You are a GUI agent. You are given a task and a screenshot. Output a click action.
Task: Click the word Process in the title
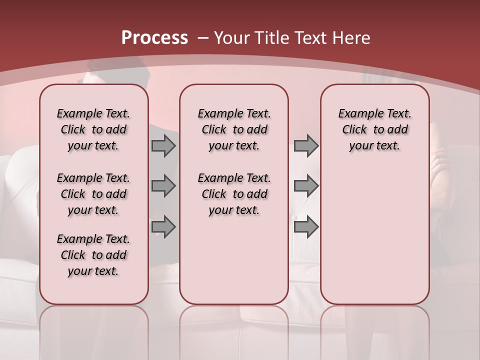(154, 38)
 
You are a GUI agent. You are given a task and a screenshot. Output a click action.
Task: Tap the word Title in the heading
(272, 38)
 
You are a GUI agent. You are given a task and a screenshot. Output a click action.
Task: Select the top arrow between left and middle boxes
(163, 146)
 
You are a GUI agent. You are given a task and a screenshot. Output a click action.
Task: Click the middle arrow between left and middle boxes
(163, 186)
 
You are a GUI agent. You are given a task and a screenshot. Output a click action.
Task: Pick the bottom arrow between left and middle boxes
(163, 226)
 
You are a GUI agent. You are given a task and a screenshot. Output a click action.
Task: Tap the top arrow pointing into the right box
(306, 146)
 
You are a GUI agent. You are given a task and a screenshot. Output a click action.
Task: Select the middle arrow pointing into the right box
(306, 186)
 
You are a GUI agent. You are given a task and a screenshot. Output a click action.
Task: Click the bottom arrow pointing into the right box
(306, 226)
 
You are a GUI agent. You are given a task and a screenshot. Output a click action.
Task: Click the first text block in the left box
(93, 129)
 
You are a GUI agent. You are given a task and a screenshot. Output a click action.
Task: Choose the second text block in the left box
(93, 194)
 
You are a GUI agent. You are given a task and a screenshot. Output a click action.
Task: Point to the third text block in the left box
(93, 255)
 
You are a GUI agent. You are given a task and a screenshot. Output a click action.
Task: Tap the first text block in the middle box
(234, 129)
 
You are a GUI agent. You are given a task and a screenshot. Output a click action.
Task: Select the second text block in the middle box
(234, 194)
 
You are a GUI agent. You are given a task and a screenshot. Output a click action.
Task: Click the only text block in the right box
(374, 129)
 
